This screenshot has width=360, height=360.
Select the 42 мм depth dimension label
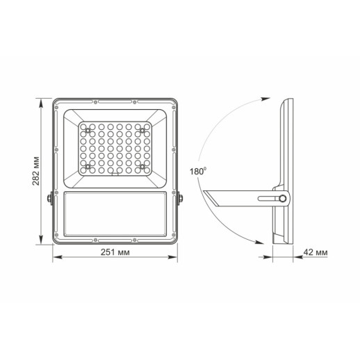314,252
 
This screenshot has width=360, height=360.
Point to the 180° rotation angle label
197,170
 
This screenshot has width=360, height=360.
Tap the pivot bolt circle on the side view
284,199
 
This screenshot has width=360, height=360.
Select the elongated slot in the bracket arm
268,199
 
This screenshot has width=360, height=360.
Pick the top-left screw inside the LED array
87,130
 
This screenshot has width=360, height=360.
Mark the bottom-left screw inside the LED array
87,167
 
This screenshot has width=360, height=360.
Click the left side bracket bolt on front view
49,199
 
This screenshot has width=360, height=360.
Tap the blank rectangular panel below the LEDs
114,212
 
